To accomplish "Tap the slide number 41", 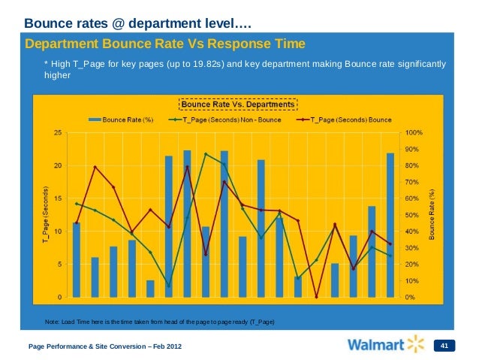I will (444, 346).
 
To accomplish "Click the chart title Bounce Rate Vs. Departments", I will (238, 103).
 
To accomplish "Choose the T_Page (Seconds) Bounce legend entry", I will (345, 119).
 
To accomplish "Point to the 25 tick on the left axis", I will (58, 132).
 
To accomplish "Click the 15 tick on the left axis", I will (58, 198).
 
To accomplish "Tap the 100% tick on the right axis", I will (414, 132).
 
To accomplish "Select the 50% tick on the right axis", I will (412, 215).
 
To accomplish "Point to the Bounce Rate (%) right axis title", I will (432, 214).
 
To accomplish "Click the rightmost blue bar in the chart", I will (390, 225).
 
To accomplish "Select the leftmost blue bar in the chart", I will (77, 259).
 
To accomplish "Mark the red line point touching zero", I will (316, 297).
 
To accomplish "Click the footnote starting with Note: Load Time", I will (160, 322).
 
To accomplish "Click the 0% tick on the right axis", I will (411, 298).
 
